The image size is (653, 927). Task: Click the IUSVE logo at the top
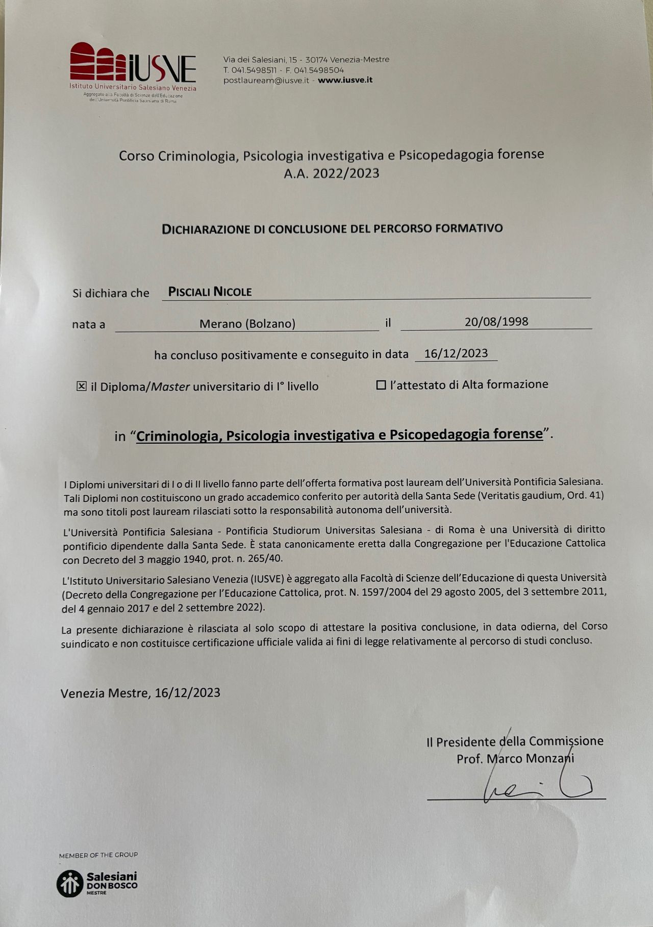pos(133,70)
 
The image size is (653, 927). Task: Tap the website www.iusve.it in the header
pos(345,80)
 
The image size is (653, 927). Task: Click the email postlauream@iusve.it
pos(266,80)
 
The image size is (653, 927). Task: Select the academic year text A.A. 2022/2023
pos(332,173)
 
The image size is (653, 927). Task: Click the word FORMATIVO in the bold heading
pos(469,228)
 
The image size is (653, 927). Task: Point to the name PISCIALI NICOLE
pos(210,292)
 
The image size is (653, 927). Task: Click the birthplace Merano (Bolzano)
pos(247,323)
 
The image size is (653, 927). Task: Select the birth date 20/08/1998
pos(496,321)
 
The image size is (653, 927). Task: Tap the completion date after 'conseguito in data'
pos(456,353)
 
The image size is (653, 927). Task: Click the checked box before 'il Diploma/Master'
pos(82,386)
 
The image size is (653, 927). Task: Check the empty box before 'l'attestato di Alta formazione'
pos(381,385)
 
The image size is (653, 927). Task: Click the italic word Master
pos(170,387)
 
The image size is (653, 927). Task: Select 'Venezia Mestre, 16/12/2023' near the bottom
pos(140,692)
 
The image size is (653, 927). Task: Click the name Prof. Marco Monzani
pos(515,759)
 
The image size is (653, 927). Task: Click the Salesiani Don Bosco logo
pos(97,883)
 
